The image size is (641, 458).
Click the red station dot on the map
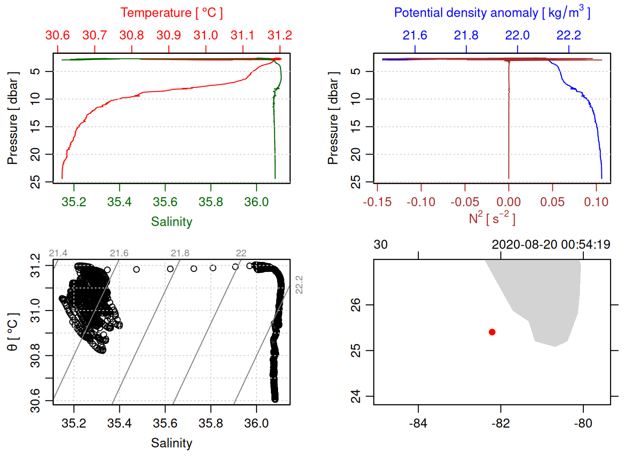(492, 332)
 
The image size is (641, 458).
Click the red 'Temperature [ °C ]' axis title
(171, 13)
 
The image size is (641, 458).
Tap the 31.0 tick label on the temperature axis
(206, 35)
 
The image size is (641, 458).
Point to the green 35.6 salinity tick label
(165, 202)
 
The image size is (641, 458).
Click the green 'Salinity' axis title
(171, 222)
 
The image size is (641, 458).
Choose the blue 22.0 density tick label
(517, 35)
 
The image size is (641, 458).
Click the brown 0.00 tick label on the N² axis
(508, 202)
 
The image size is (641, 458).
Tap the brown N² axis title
(492, 219)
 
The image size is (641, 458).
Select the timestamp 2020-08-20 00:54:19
(551, 245)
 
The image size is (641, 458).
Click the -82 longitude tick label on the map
(501, 424)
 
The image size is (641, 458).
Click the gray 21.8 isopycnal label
(180, 253)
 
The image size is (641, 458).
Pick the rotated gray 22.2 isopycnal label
(299, 284)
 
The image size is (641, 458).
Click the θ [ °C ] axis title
(12, 332)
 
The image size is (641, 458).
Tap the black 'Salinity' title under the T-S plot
(171, 443)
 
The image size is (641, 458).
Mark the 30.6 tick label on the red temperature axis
(58, 35)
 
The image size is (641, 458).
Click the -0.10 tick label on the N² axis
(421, 202)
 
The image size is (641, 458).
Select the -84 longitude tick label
(418, 424)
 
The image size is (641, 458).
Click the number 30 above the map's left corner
(380, 245)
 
